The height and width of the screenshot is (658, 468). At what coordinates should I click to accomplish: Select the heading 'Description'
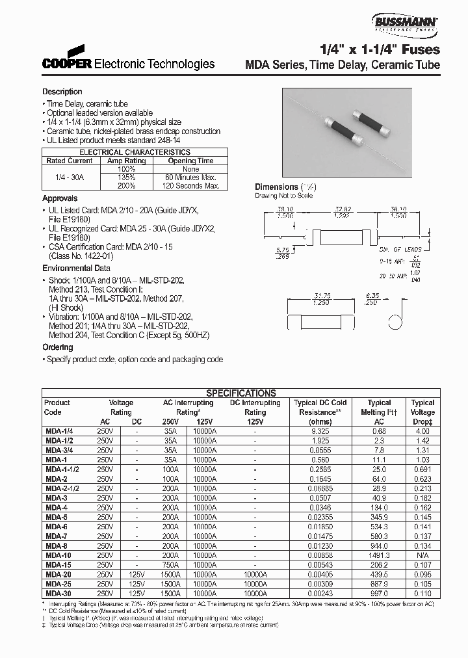click(62, 92)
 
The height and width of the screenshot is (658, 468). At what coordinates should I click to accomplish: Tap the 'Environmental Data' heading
click(76, 268)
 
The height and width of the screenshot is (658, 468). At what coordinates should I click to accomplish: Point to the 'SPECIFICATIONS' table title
click(240, 393)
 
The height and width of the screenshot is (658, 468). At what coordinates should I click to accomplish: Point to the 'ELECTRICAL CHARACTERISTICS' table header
click(136, 151)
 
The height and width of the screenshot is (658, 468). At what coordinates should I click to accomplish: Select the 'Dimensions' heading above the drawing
click(276, 187)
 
